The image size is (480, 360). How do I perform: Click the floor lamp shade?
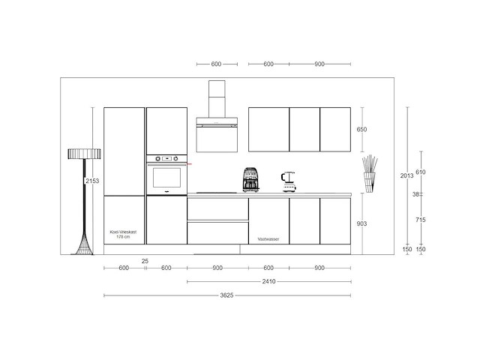[x=83, y=153]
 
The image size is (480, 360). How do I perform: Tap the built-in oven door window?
[x=166, y=178]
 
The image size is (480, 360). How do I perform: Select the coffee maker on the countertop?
[x=250, y=180]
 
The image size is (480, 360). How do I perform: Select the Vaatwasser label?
[x=268, y=238]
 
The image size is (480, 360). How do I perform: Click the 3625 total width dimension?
[x=227, y=295]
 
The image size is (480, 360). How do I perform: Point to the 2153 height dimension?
[x=91, y=181]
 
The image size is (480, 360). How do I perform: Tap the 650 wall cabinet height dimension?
[x=361, y=130]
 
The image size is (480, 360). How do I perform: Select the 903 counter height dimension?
[x=361, y=223]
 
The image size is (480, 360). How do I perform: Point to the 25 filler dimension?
[x=144, y=260]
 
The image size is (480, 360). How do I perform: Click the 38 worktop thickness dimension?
[x=417, y=194]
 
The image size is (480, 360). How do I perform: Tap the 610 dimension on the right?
[x=421, y=172]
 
